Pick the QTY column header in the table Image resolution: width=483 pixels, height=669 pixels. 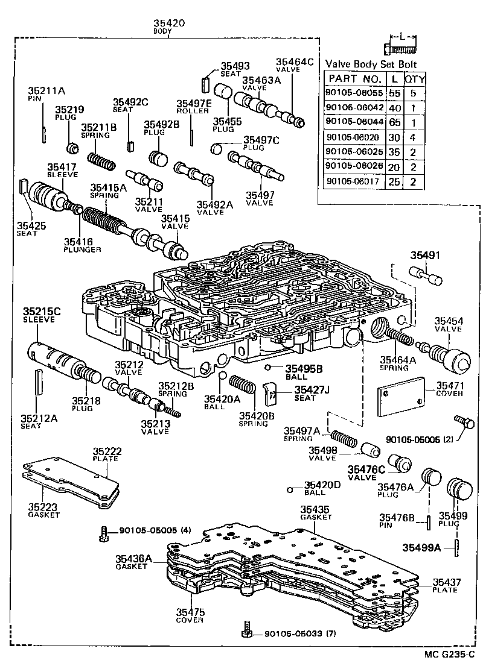(415, 79)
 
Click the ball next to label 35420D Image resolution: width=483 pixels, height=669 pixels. (291, 488)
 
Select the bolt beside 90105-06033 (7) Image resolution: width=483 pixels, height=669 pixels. (246, 630)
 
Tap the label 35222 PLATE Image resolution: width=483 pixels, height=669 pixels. (107, 454)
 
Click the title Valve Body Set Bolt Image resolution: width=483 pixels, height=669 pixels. (371, 64)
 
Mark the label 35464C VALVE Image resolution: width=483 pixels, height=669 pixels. (294, 65)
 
